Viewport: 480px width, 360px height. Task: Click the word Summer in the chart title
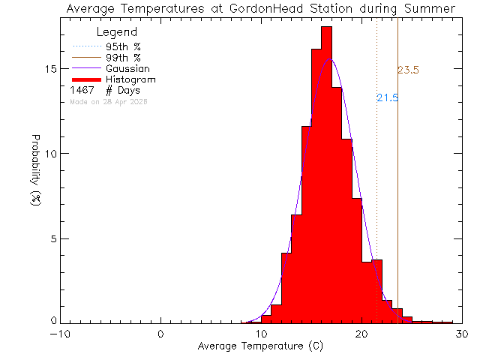point(430,9)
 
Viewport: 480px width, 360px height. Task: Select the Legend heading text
point(117,32)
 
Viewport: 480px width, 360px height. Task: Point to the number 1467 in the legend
point(82,90)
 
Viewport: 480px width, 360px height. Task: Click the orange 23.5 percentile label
point(408,70)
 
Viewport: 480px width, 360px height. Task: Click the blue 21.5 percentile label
point(387,98)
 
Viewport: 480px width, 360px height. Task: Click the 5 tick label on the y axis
point(52,238)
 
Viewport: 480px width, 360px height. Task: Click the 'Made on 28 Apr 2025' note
point(109,101)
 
